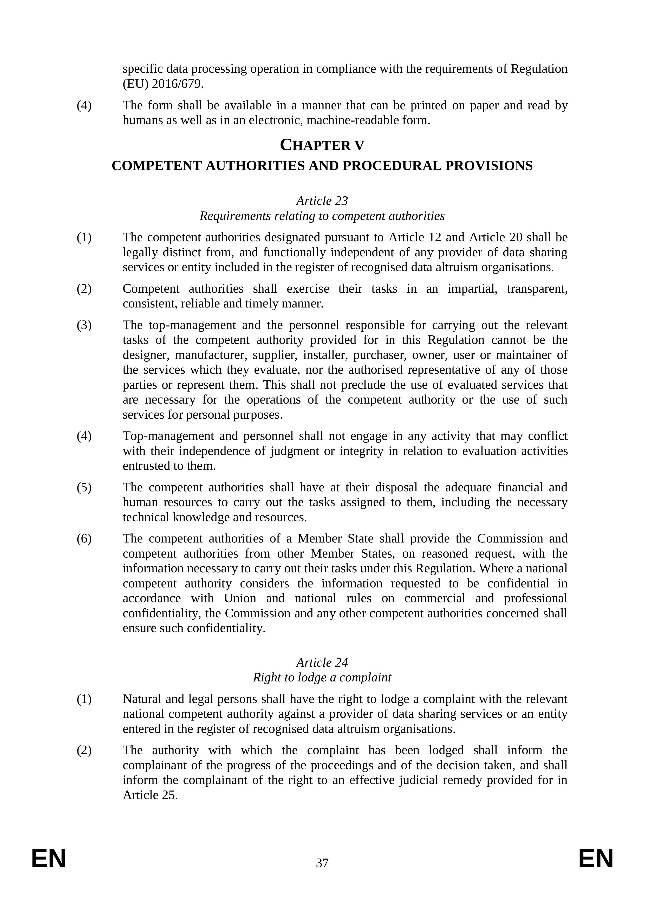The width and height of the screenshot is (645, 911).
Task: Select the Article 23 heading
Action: (x=322, y=201)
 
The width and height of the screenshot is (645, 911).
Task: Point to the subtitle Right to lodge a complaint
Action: (x=322, y=677)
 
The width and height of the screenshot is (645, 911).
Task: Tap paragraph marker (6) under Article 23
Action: (x=84, y=539)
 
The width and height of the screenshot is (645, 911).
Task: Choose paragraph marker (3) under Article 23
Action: (x=84, y=325)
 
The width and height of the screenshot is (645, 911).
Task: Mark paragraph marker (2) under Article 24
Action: (x=84, y=750)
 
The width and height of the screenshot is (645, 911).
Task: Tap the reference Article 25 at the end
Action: (x=150, y=795)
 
